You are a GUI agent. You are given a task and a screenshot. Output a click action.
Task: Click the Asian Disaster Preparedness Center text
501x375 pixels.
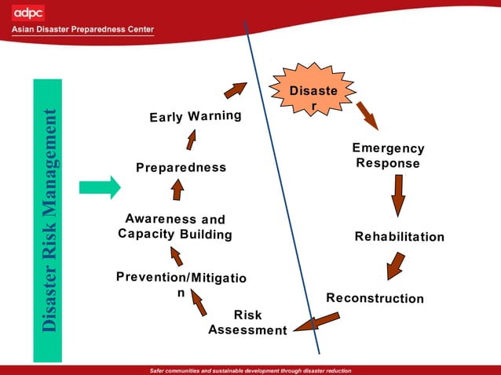click(82, 30)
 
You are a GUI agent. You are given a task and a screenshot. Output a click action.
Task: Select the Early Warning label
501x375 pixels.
click(196, 117)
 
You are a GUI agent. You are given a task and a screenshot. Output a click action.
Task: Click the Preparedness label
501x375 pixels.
click(181, 168)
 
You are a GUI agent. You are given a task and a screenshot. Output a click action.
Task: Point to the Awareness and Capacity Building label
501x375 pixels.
click(175, 227)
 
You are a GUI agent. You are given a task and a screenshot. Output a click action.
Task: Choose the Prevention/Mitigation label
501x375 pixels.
click(181, 285)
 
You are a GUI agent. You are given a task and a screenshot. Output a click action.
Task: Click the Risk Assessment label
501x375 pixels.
click(247, 322)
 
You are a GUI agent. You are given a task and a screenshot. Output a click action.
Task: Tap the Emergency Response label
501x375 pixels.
click(388, 156)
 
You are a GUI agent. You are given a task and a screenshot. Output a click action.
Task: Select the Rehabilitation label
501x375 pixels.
click(399, 237)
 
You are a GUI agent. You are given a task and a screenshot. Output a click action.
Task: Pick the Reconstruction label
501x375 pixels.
click(375, 299)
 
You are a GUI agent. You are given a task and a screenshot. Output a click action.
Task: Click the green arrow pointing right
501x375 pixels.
click(100, 187)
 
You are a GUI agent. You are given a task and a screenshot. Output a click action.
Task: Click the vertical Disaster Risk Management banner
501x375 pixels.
click(48, 220)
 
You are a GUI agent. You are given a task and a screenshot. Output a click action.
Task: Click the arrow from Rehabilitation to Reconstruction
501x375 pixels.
click(396, 265)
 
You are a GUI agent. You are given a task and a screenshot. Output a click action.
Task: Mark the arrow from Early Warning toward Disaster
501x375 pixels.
click(235, 90)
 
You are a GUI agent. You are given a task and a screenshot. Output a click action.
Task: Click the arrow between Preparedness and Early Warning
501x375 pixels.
click(191, 140)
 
